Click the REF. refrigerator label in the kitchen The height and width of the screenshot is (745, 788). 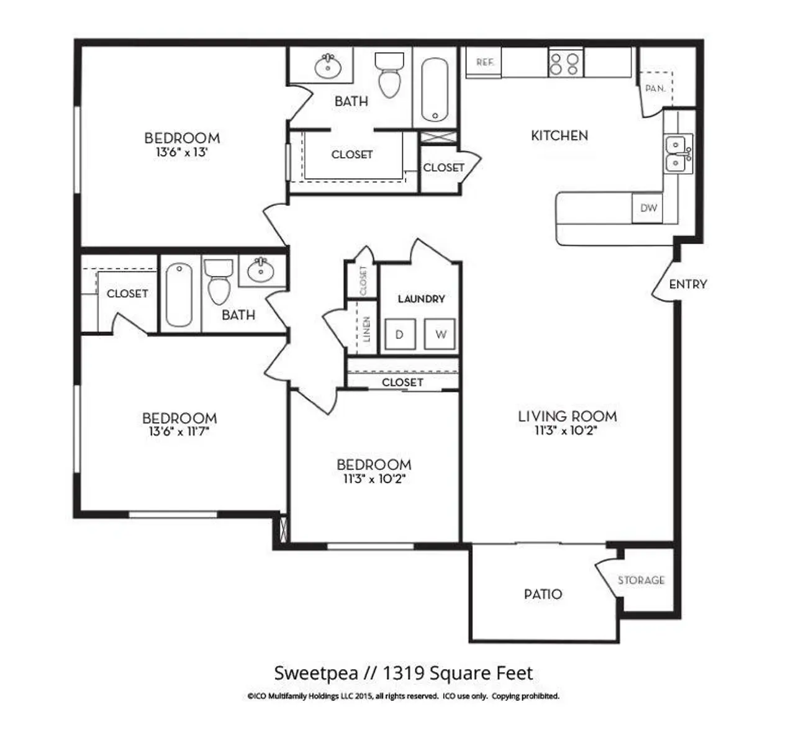pyautogui.click(x=484, y=62)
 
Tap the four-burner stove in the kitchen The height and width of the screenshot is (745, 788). pyautogui.click(x=565, y=63)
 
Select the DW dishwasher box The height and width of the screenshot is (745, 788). pyautogui.click(x=648, y=208)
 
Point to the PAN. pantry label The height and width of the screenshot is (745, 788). pyautogui.click(x=655, y=89)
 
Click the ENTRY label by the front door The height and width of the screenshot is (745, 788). pyautogui.click(x=688, y=284)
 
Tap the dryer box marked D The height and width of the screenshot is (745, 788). pyautogui.click(x=399, y=335)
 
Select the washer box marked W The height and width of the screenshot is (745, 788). pyautogui.click(x=440, y=335)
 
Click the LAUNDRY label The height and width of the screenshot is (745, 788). pyautogui.click(x=421, y=299)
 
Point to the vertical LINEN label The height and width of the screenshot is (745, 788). pyautogui.click(x=366, y=329)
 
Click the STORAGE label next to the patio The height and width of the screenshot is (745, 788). pyautogui.click(x=641, y=580)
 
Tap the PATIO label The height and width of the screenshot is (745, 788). pyautogui.click(x=543, y=594)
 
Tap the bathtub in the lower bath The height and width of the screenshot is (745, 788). pyautogui.click(x=179, y=294)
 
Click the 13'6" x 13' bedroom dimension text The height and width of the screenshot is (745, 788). pyautogui.click(x=181, y=152)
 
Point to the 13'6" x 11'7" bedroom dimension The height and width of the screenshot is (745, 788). pyautogui.click(x=179, y=432)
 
